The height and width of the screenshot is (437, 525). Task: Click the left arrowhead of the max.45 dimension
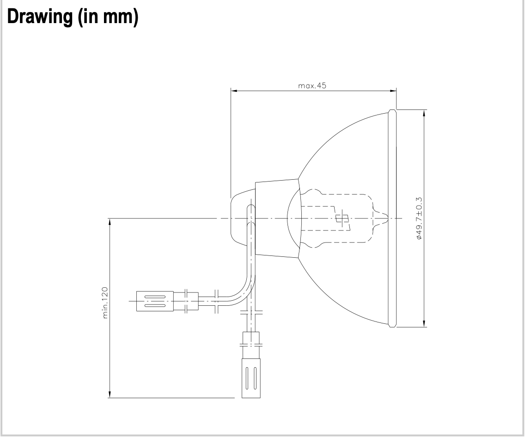233,91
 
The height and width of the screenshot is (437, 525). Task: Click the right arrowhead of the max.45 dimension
394,91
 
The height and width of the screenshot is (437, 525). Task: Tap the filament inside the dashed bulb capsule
343,218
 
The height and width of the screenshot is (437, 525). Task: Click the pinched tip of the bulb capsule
382,218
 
